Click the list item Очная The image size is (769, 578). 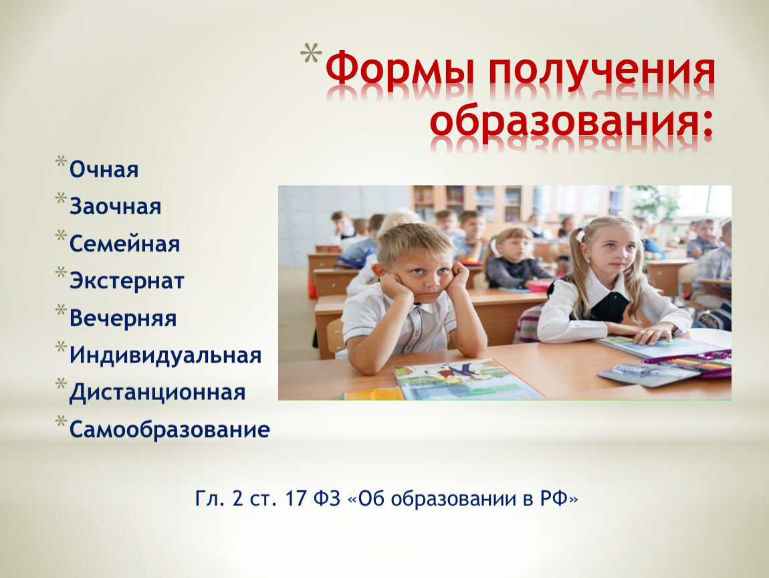click(x=104, y=170)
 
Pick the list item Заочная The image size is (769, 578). click(x=115, y=207)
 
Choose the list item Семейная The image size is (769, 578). click(x=124, y=244)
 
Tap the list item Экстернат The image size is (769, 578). click(x=126, y=281)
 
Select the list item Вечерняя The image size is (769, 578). click(x=123, y=318)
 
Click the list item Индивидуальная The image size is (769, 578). click(x=165, y=355)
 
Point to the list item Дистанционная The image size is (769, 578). click(x=157, y=393)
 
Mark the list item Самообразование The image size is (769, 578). click(x=170, y=429)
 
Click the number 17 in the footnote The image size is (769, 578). click(x=296, y=498)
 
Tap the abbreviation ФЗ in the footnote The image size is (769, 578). click(x=326, y=498)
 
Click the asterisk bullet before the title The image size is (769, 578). click(x=311, y=54)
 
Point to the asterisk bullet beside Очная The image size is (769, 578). click(x=61, y=162)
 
